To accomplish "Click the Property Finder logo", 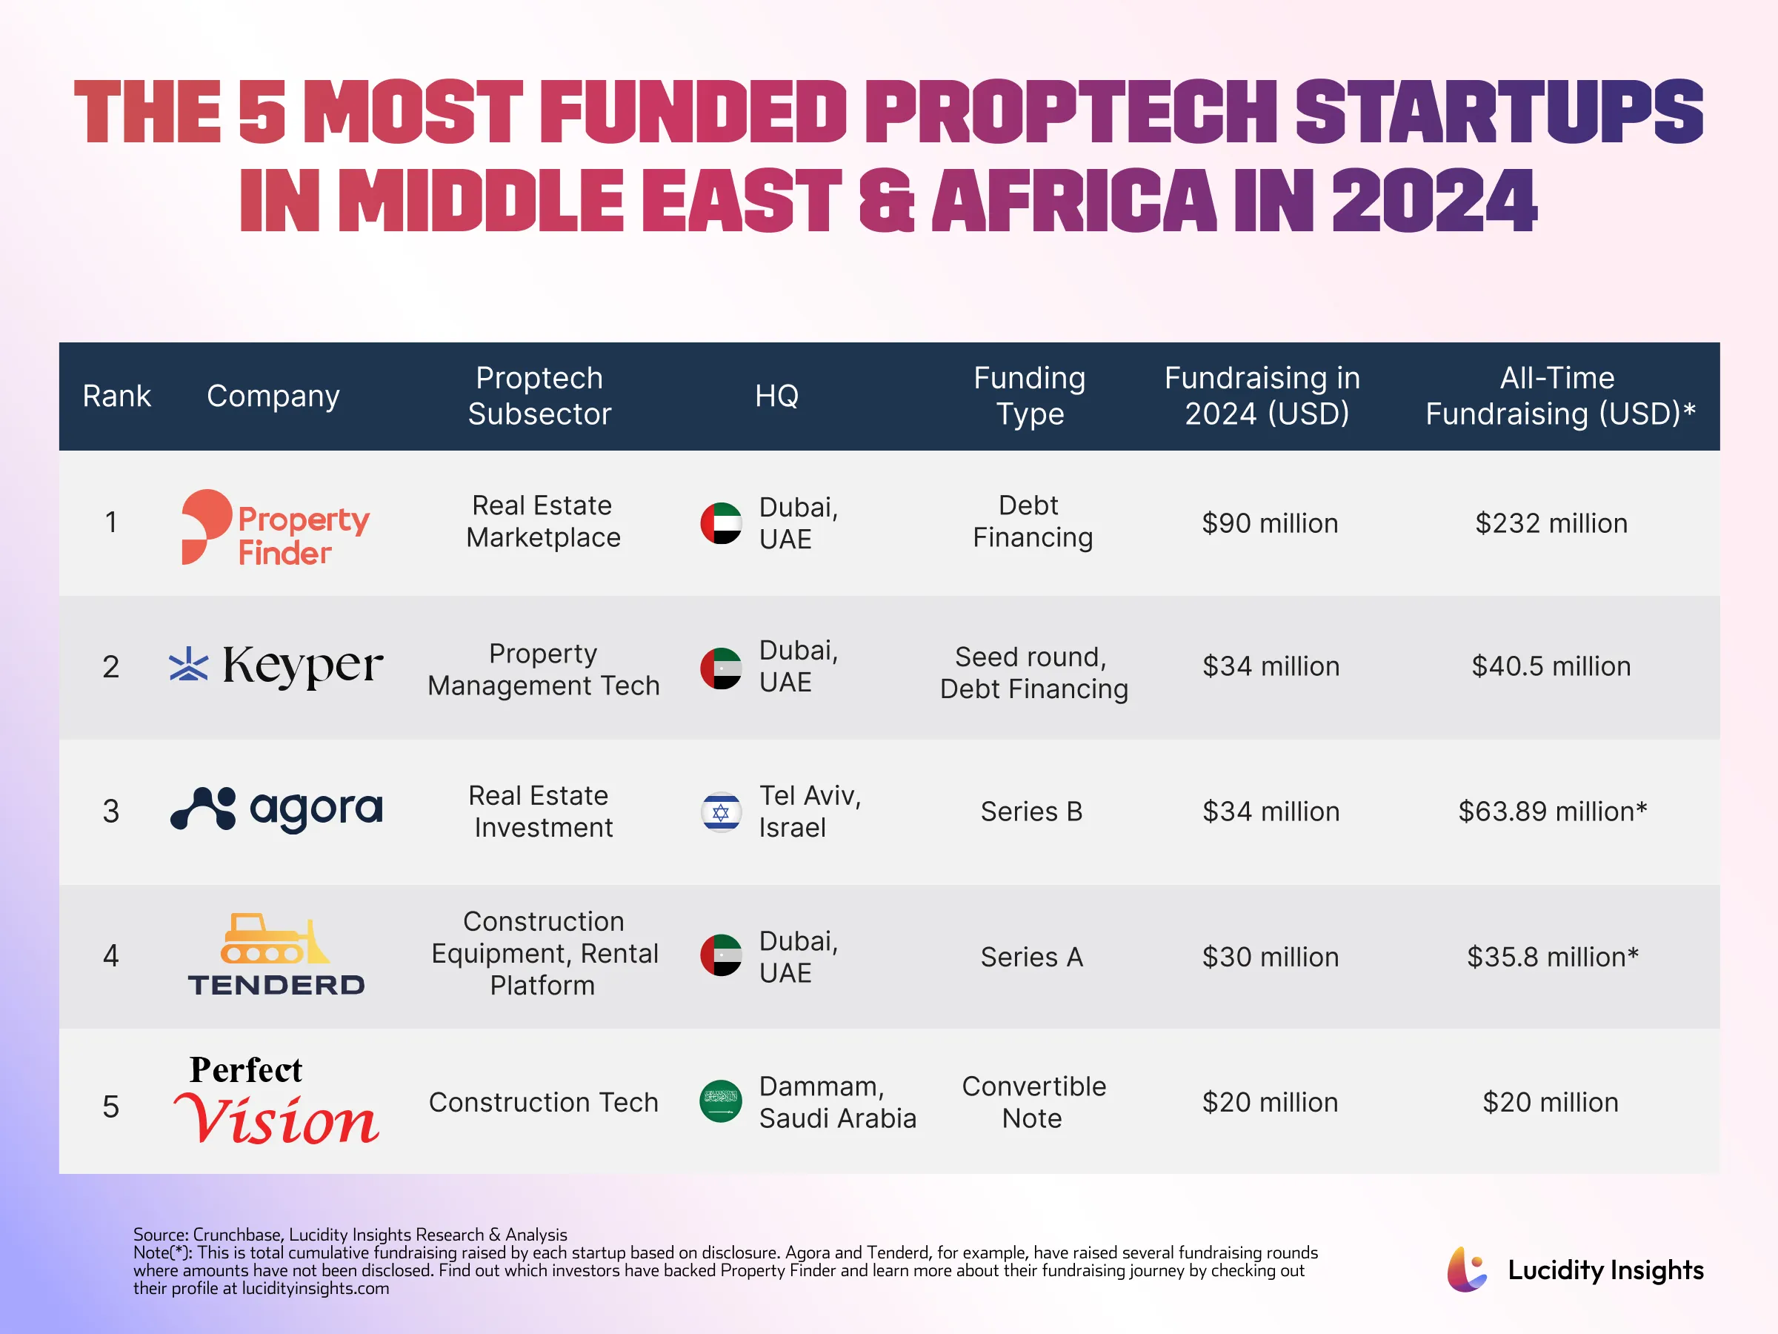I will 275,527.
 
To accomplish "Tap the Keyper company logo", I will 276,666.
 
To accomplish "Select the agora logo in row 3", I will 276,809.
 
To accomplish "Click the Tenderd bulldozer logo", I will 276,955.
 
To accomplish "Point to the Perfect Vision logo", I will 276,1100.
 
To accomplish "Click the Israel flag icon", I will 720,812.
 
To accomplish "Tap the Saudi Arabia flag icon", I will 720,1101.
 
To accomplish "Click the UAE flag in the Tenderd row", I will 720,955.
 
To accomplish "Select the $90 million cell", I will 1269,523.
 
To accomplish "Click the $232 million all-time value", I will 1551,523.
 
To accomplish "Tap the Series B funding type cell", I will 1031,812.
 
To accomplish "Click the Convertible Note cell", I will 1033,1101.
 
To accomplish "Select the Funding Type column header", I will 1030,396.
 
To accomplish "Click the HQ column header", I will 776,396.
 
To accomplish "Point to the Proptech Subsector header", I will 539,396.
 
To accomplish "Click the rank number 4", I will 111,956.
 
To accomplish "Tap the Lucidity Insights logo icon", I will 1467,1270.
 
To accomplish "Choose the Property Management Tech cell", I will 543,669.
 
